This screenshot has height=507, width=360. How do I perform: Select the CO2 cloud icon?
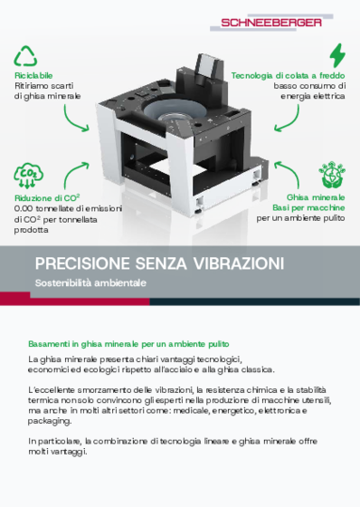[26, 174]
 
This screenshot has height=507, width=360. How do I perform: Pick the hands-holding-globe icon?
[332, 174]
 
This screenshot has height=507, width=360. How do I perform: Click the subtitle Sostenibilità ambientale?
[90, 283]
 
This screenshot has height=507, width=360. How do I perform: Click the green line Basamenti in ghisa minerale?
[123, 344]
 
